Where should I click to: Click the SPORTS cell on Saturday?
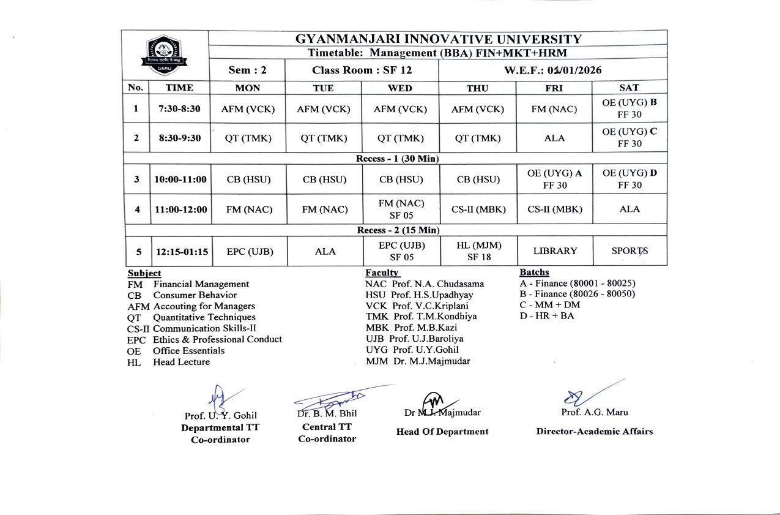click(x=630, y=251)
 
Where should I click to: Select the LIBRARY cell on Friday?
click(x=554, y=251)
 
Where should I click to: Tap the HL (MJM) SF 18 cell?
click(x=478, y=251)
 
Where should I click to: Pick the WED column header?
click(x=400, y=88)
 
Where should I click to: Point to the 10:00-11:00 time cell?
click(x=180, y=179)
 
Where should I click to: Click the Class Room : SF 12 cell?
click(x=362, y=70)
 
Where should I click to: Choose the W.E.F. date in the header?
click(x=552, y=70)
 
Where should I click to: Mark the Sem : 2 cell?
click(x=248, y=70)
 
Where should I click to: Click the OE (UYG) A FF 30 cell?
click(x=554, y=179)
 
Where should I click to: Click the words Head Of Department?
click(x=442, y=432)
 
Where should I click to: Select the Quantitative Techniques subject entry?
click(x=204, y=317)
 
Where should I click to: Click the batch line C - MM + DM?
click(x=549, y=305)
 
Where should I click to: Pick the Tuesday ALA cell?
click(x=324, y=251)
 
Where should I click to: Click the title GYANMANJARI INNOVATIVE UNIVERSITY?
click(x=438, y=39)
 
